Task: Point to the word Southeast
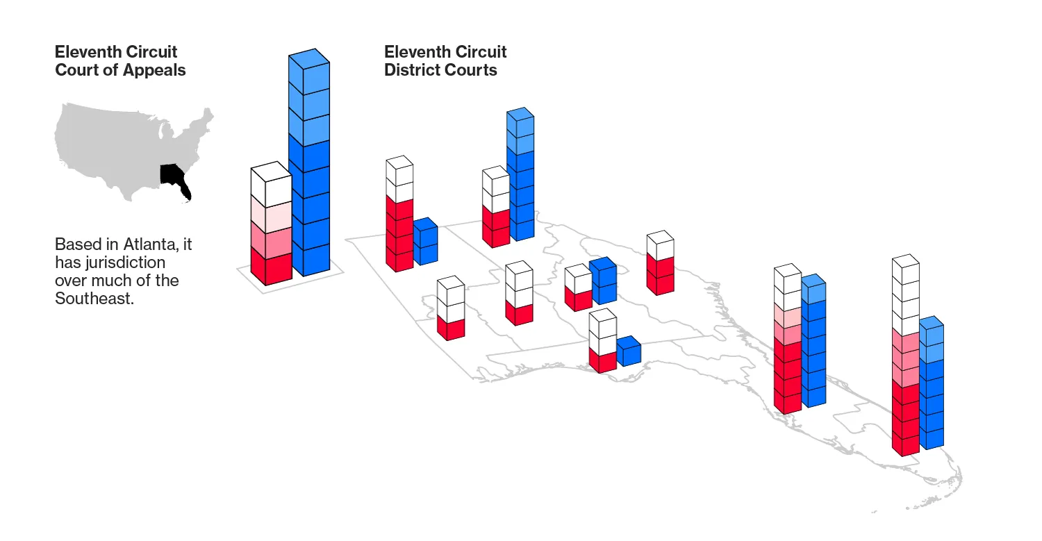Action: click(94, 298)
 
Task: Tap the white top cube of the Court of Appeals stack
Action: click(271, 184)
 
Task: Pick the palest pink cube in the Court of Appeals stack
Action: click(271, 215)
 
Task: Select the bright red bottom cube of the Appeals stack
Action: click(271, 266)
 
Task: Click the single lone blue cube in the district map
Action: click(629, 351)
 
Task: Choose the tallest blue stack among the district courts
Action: click(520, 174)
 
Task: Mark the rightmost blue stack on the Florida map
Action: click(932, 383)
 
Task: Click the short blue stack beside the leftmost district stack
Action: click(426, 242)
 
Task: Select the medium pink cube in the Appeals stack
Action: click(271, 240)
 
